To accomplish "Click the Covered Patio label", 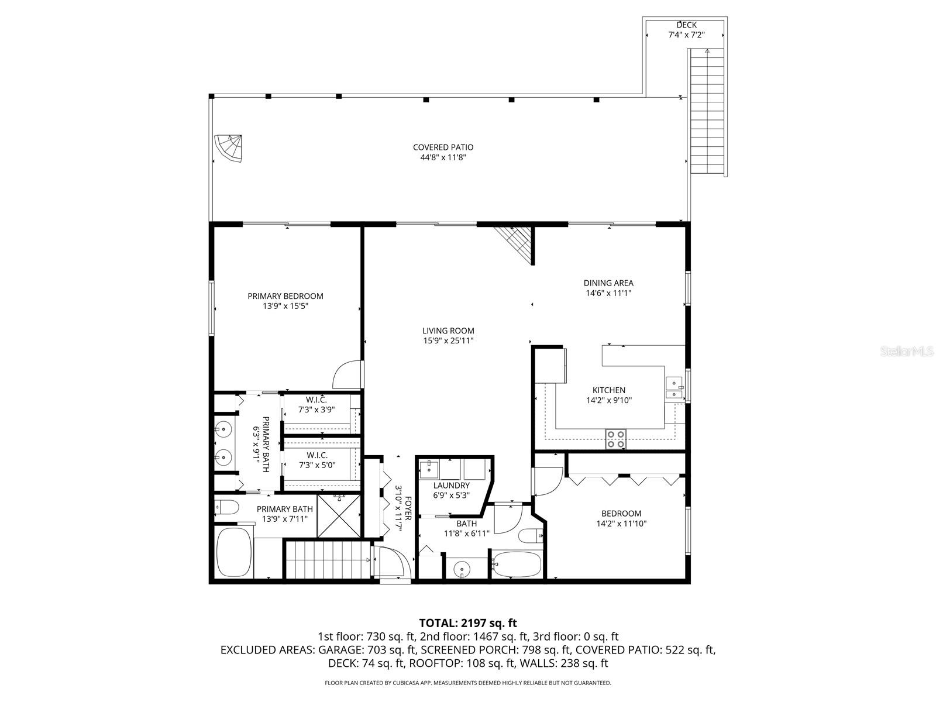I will [x=443, y=147].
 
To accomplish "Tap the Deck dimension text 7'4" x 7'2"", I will [x=686, y=35].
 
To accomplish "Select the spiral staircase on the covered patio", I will [x=229, y=148].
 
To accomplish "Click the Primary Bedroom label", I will [x=285, y=296].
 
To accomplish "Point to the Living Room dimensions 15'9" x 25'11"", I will [x=448, y=340].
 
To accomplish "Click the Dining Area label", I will [x=608, y=283].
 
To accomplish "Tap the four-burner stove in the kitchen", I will [x=615, y=439].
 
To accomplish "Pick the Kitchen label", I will [x=608, y=390].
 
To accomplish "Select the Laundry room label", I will [x=451, y=486].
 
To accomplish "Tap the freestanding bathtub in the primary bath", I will [x=235, y=552].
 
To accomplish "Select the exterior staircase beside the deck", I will [x=707, y=111].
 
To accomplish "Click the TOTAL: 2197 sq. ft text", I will [x=468, y=623].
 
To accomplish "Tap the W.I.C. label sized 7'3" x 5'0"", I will [x=316, y=455].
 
